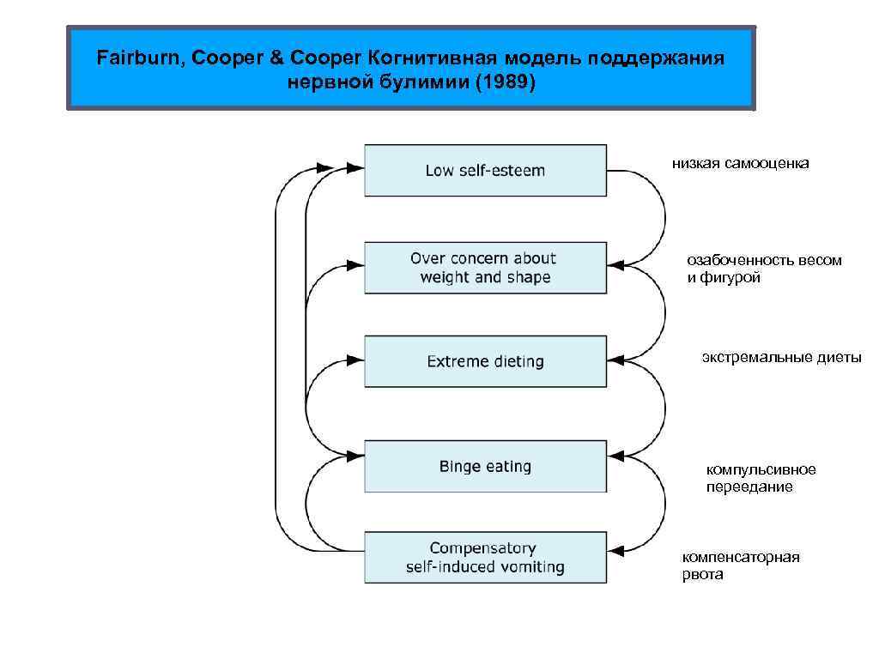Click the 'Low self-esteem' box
[x=485, y=170]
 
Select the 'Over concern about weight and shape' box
[x=485, y=268]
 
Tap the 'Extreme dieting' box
[x=485, y=361]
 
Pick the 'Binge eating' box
[x=485, y=467]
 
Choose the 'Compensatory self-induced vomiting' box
[x=485, y=558]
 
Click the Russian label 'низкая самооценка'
[x=740, y=163]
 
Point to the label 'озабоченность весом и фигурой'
[x=764, y=269]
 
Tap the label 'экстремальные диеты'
[x=781, y=357]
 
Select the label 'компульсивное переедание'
[x=761, y=478]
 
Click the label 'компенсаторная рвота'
[x=741, y=565]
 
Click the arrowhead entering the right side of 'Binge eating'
[x=615, y=454]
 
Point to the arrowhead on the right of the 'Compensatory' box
[x=615, y=546]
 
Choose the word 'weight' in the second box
[x=446, y=277]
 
